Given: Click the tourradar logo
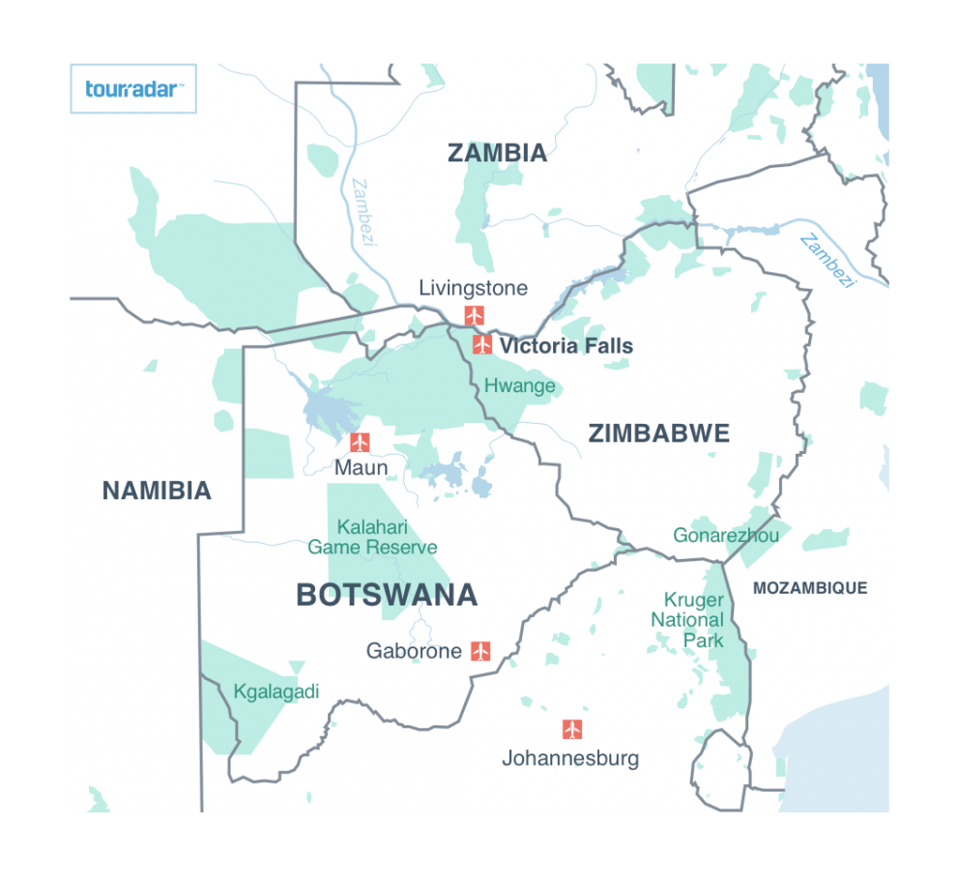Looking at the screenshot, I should coord(133,89).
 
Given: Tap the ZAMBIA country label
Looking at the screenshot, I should coord(497,153).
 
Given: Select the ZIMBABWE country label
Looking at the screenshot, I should coord(658,434).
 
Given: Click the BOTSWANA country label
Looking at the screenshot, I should coord(387,595).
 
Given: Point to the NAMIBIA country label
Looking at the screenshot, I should coord(157,491).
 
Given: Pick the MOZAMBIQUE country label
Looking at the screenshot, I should coord(809,588).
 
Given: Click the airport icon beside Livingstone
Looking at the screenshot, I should coord(474,315).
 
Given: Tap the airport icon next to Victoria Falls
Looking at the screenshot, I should coord(482,345).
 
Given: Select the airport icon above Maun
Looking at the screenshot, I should coord(360,442).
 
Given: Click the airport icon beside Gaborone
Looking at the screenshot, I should coord(480,651).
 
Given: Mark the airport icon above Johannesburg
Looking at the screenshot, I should coord(572,729).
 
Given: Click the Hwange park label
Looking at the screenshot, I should coord(520,386).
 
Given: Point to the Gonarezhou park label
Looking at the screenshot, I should coord(725,535).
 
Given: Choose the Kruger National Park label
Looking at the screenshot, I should coord(692,620).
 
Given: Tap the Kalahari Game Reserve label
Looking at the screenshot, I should coord(372,538).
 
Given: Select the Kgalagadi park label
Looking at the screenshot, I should coord(276,692).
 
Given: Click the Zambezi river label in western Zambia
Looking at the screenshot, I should coord(363,212).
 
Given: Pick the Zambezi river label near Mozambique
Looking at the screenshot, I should coord(828,261).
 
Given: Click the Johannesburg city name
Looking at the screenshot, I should coord(569,758).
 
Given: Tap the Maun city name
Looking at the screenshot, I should coord(361,468).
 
